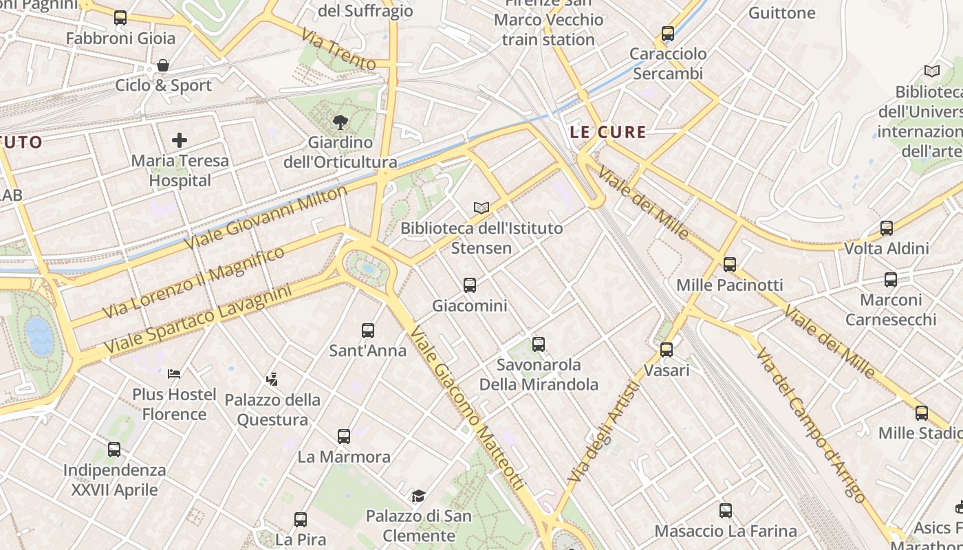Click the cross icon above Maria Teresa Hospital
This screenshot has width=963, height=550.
pos(180,140)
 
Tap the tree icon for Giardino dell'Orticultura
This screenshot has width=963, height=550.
pos(340,122)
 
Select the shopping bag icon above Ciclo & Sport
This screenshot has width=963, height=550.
pos(163,65)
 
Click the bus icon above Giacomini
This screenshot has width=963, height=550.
pos(470,285)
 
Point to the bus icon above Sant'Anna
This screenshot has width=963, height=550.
pos(368,330)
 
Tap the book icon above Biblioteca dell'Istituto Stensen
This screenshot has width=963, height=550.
pos(481,207)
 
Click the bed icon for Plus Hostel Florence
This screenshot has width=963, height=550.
pos(174,374)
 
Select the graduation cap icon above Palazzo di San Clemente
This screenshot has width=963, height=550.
pos(418,496)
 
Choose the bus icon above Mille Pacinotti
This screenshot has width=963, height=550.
pos(730,264)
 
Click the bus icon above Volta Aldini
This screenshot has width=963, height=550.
pos(887,228)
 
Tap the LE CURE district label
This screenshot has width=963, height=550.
pos(609,132)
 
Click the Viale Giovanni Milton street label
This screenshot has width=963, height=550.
pos(266,218)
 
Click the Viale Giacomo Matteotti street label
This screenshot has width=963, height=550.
pos(468,408)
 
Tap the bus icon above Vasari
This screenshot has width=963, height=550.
pos(667,349)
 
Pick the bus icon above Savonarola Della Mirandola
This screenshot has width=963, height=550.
pos(539,344)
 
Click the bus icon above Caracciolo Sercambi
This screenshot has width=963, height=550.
pos(668,33)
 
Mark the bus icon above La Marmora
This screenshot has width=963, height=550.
pos(344,436)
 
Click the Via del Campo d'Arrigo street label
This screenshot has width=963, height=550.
pos(810,425)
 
